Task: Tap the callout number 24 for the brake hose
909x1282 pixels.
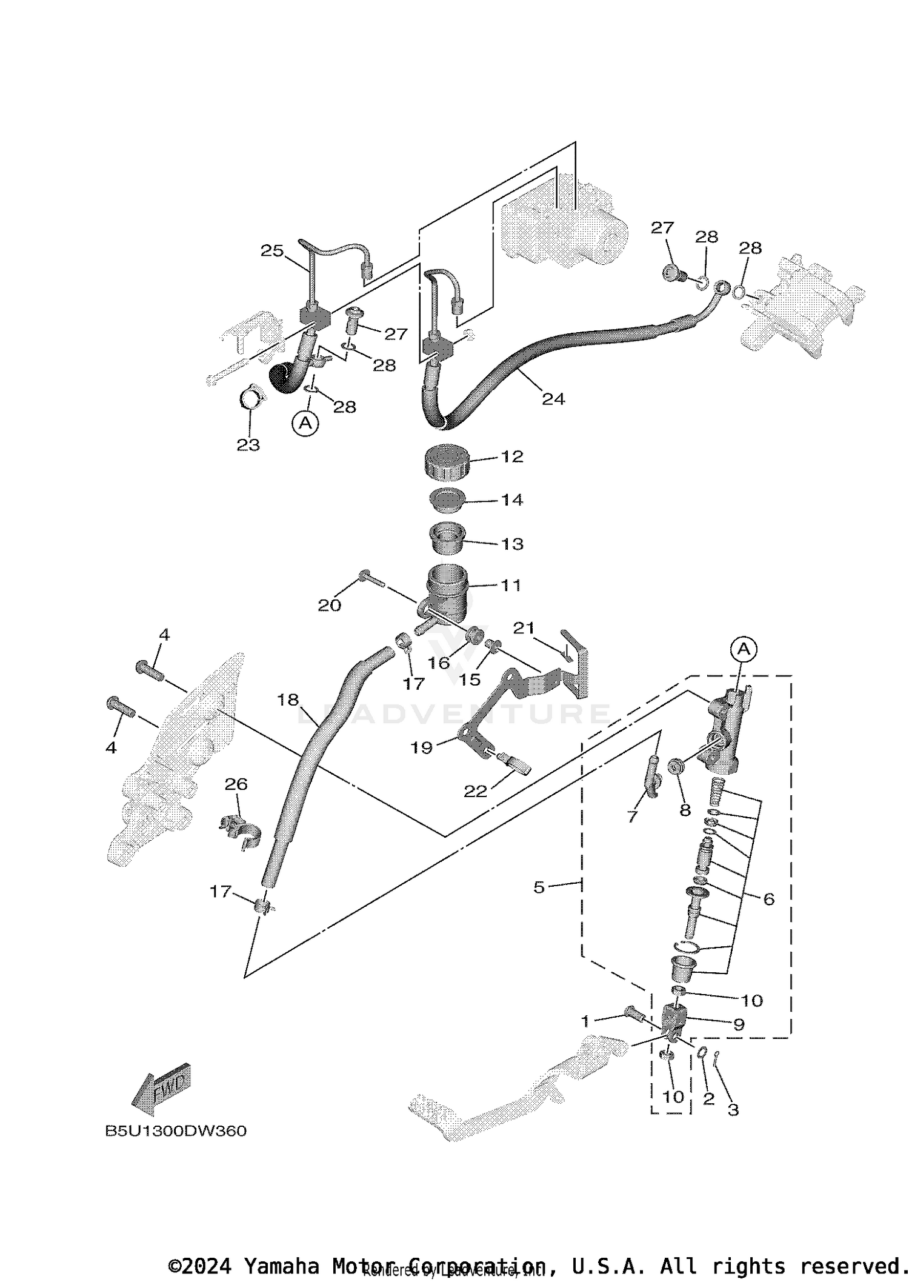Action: click(x=553, y=399)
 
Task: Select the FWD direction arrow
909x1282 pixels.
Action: click(x=161, y=1090)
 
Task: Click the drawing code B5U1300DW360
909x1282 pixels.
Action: click(x=176, y=1131)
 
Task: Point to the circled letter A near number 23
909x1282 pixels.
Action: click(x=305, y=422)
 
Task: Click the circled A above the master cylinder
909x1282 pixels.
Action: click(x=744, y=649)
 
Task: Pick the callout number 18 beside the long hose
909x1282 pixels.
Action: click(x=288, y=699)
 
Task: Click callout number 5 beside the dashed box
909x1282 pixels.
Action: click(x=539, y=887)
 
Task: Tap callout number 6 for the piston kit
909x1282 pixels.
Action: click(x=768, y=899)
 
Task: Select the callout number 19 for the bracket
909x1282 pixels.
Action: click(x=421, y=747)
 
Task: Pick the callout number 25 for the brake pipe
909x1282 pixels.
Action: click(x=272, y=250)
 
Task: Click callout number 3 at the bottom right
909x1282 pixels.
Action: click(x=733, y=1110)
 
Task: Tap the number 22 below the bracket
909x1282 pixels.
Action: click(x=475, y=792)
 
